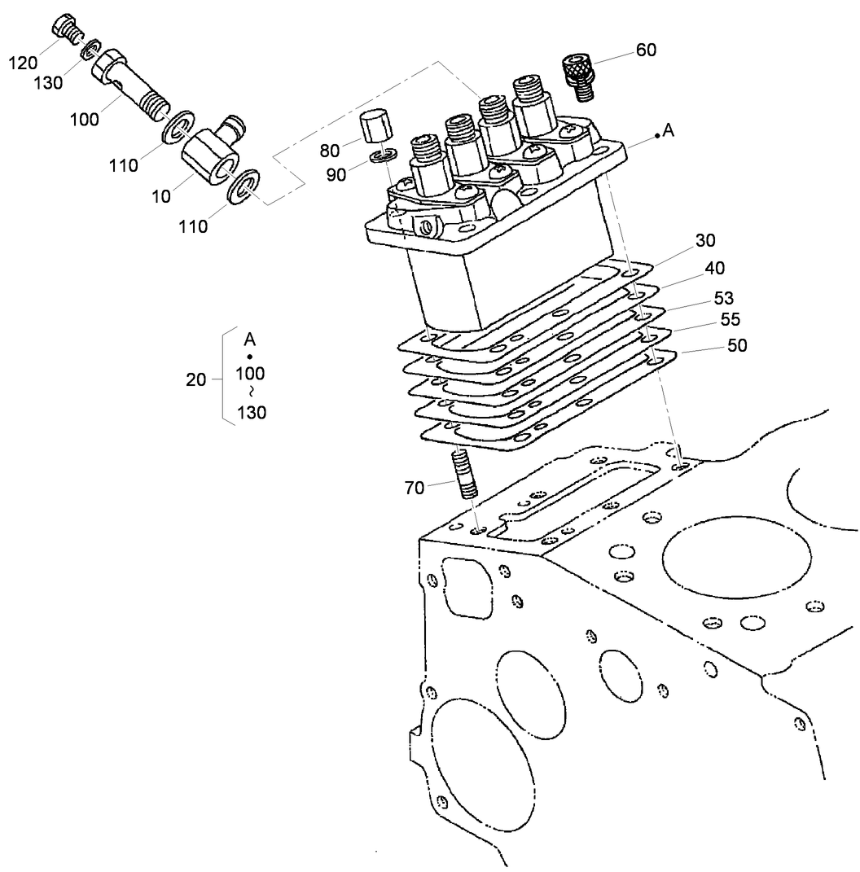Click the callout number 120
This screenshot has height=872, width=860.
click(24, 62)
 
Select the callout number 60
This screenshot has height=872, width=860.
click(646, 50)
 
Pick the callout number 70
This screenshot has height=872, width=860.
click(416, 489)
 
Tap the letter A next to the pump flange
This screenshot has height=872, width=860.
click(669, 132)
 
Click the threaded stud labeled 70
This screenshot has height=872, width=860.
click(463, 474)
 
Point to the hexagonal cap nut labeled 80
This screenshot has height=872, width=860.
click(374, 128)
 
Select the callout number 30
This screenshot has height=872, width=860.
click(705, 240)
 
